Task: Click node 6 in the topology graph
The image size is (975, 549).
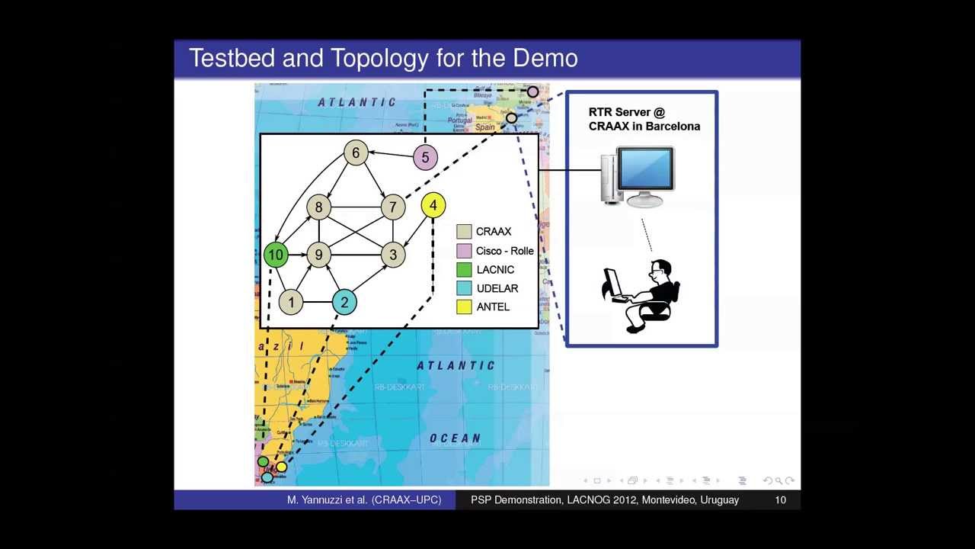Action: pos(356,153)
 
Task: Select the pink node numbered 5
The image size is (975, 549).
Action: pos(425,158)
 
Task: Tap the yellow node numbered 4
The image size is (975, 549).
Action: pos(433,205)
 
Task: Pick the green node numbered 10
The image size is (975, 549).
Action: pos(276,255)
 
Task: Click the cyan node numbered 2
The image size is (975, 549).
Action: pos(344,303)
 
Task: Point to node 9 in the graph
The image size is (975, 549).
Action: pos(318,255)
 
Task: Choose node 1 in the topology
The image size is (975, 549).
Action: pos(291,303)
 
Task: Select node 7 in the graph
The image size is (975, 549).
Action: pos(393,207)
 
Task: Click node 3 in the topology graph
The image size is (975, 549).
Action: pos(393,255)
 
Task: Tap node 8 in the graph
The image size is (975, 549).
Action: pos(318,207)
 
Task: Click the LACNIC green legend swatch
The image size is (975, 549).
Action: pos(464,269)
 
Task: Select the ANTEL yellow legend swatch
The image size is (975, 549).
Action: pos(464,307)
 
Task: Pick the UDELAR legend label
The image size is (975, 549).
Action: pos(497,288)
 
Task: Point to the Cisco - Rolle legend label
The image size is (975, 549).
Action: pos(504,251)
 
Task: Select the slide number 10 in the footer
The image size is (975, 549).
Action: pos(780,500)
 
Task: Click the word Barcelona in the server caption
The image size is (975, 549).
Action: pos(672,127)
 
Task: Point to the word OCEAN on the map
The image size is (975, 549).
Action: pos(455,438)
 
